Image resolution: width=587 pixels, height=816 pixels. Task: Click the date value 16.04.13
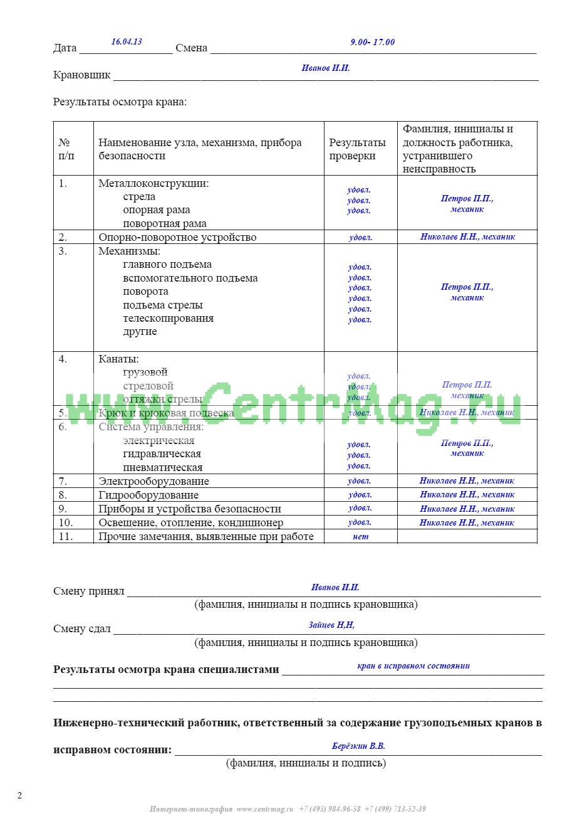[127, 41]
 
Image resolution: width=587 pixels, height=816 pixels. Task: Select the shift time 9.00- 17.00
[372, 42]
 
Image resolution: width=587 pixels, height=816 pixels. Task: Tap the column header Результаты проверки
[358, 149]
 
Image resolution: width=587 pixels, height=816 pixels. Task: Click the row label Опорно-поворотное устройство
[177, 237]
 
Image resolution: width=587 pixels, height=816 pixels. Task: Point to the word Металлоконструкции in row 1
[153, 183]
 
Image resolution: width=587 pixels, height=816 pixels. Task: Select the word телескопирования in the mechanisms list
[168, 318]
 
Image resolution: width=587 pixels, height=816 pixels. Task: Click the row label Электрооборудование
[153, 481]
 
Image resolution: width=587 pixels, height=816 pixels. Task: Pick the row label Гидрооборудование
[148, 495]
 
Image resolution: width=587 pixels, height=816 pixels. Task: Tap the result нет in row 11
[361, 536]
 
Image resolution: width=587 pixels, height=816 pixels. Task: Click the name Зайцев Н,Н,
[331, 625]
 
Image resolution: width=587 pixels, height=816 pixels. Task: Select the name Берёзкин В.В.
[358, 746]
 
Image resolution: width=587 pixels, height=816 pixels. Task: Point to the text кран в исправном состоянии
[413, 665]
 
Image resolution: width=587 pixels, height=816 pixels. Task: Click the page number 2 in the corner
[19, 795]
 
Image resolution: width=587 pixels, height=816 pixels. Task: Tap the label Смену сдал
[82, 629]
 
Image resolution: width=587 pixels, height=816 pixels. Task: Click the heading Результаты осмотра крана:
[120, 102]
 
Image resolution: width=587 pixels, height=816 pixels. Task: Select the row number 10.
[66, 522]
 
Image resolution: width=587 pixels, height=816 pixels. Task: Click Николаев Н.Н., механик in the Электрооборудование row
[467, 481]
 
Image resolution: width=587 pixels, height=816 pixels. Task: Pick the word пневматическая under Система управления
[162, 467]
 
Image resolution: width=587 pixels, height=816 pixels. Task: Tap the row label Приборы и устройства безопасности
[189, 509]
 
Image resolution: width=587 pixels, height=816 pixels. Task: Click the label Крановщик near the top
[81, 75]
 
